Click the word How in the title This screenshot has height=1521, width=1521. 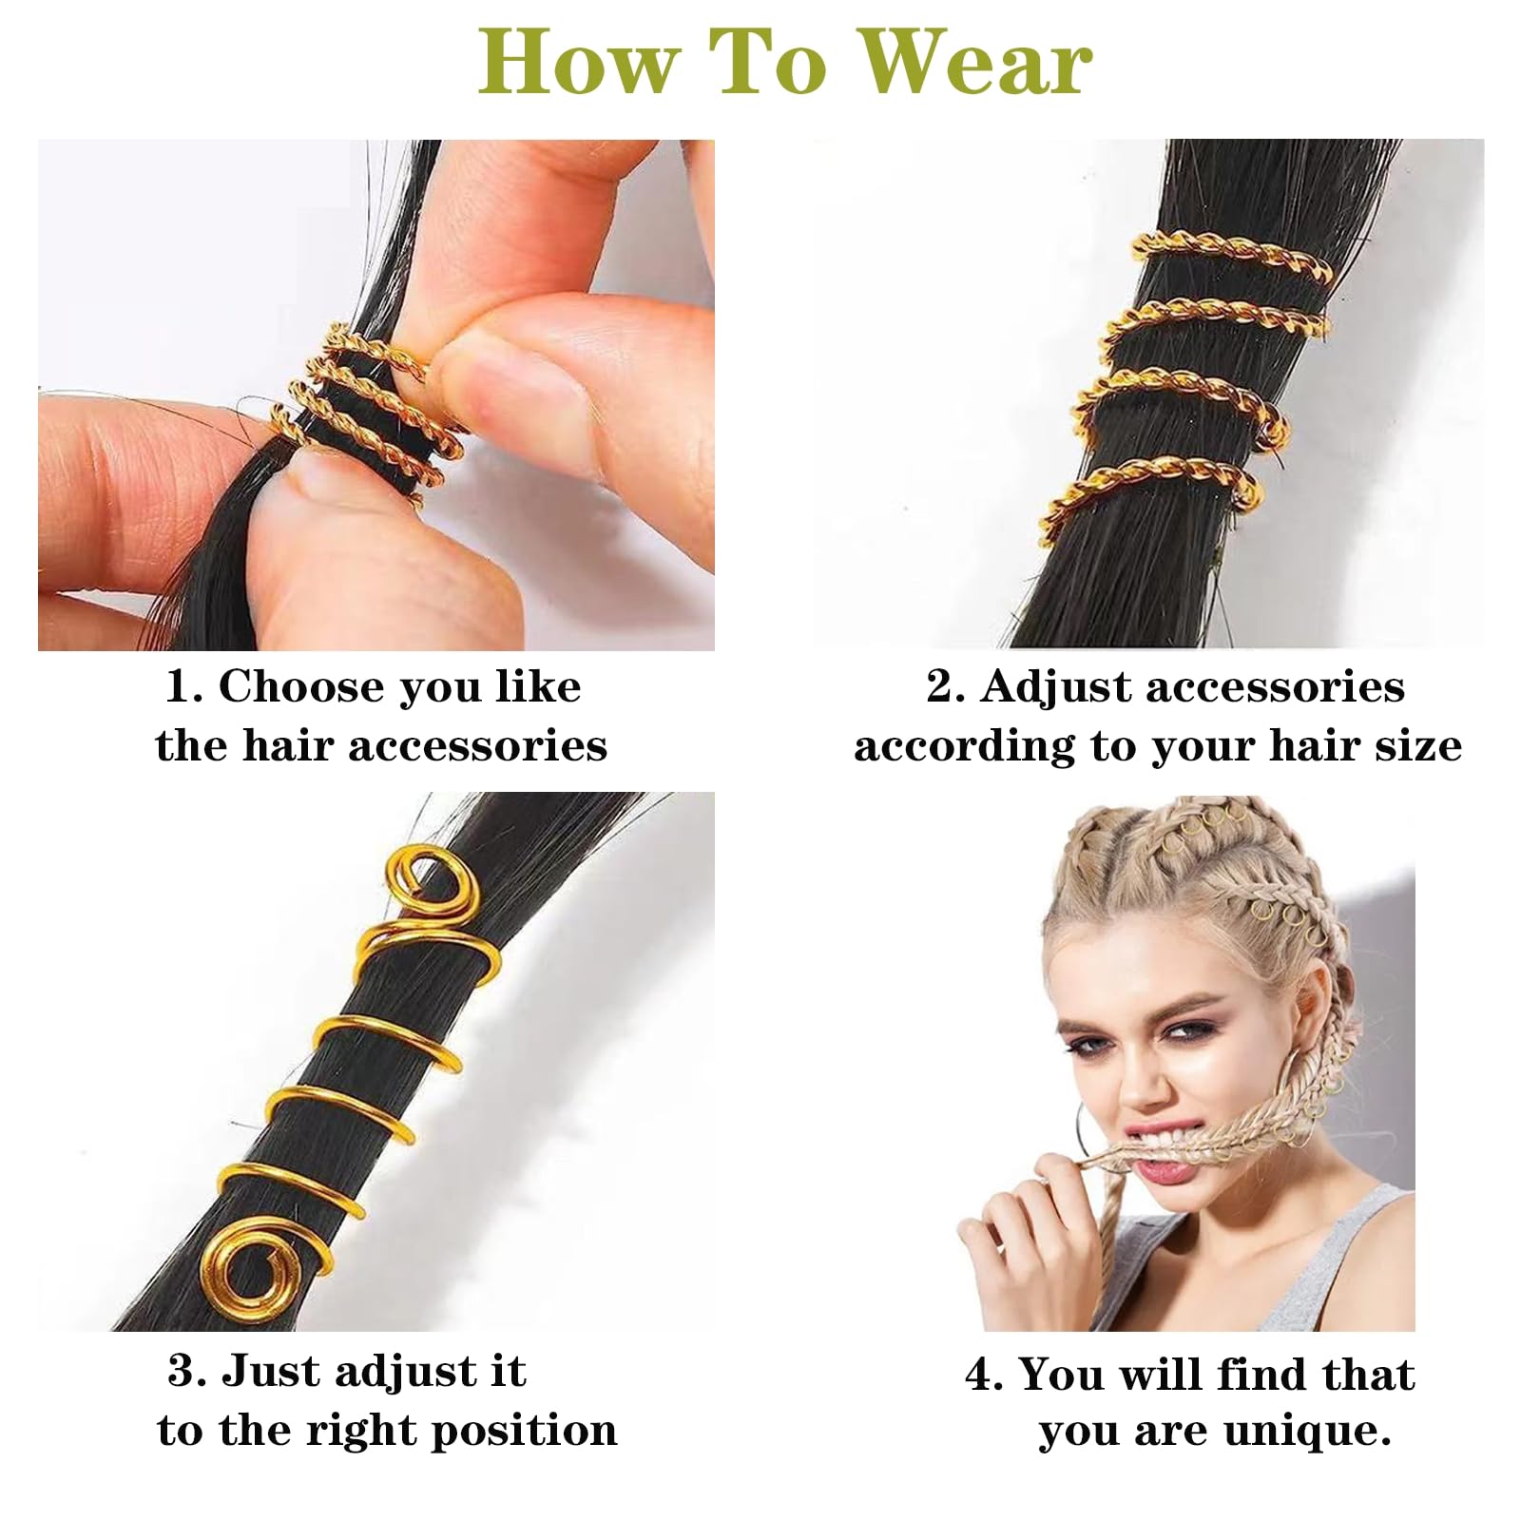[x=579, y=62]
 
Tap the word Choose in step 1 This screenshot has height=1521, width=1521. [x=300, y=686]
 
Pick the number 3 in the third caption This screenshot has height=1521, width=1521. [x=184, y=1372]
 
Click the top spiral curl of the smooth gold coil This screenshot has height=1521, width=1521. [x=414, y=889]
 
